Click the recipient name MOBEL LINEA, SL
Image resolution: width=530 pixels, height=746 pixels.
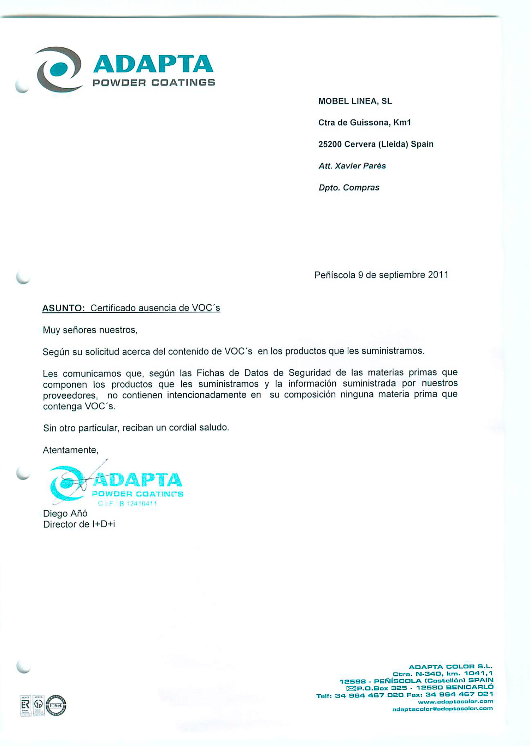[x=355, y=101]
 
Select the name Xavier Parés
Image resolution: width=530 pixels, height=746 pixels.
[x=360, y=166]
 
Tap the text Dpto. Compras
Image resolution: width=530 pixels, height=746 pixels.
[x=349, y=188]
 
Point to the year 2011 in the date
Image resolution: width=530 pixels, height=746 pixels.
[x=438, y=275]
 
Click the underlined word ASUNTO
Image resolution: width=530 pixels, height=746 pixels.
[x=63, y=308]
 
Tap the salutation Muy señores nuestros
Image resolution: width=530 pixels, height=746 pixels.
[x=90, y=330]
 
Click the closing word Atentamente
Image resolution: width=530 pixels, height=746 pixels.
[x=70, y=450]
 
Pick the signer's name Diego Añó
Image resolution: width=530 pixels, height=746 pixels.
[x=65, y=513]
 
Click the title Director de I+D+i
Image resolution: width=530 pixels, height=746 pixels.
[x=79, y=524]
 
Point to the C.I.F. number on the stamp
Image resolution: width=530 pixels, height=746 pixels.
[x=128, y=504]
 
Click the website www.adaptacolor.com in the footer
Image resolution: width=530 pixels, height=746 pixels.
[x=455, y=701]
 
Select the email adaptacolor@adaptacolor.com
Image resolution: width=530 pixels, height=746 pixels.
[x=442, y=709]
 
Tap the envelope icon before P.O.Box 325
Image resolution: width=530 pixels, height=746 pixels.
[x=351, y=688]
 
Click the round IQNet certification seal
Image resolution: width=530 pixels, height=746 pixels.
[x=56, y=705]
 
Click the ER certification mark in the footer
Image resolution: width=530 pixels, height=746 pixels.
[x=25, y=705]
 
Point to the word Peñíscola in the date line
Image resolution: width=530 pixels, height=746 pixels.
[x=335, y=275]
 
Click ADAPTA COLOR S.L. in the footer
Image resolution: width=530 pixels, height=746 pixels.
[x=450, y=667]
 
